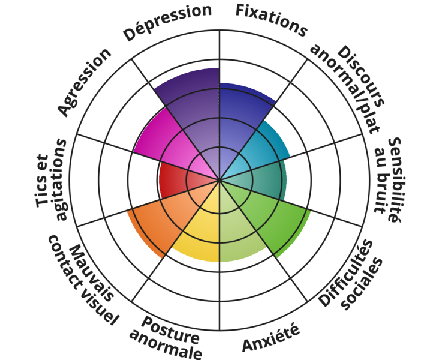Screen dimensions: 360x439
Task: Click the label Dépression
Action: pos(168,23)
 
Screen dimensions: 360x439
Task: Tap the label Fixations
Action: pos(271,19)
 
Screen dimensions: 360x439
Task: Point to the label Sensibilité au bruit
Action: pos(386,180)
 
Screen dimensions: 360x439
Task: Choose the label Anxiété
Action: pos(270,338)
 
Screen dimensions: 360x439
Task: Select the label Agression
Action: pos(85,82)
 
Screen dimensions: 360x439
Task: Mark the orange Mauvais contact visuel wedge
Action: pos(159,219)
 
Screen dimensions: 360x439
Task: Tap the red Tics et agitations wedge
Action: pos(177,180)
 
